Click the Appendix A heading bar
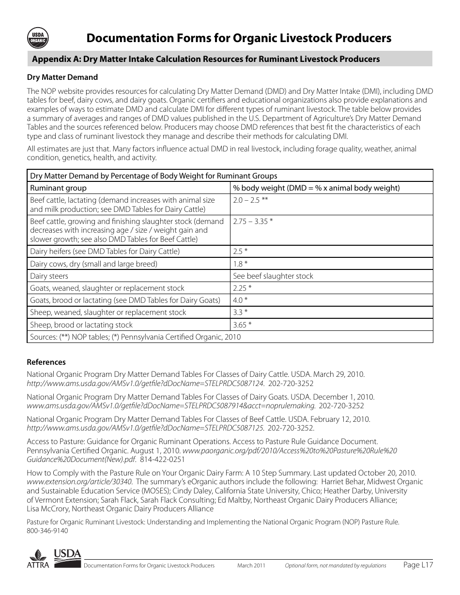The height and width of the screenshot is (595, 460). point(230,59)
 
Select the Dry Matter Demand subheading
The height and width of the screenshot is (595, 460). point(62,77)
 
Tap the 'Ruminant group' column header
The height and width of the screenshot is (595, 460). point(59,188)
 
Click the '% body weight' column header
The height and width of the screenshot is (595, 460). point(316,188)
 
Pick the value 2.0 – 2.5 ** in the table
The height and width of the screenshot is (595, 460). point(250,200)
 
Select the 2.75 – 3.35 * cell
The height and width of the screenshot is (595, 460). point(253,221)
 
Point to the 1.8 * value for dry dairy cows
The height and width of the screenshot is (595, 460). point(240,264)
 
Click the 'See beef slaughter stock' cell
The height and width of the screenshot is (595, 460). point(273,276)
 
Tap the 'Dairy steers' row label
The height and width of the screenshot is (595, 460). point(49,276)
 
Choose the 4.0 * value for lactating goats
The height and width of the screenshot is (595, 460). point(240,300)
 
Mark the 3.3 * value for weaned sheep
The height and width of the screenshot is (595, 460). point(240,312)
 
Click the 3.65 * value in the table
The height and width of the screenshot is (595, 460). point(242,325)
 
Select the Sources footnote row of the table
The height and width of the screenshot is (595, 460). point(135,337)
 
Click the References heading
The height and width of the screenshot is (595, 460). point(46,362)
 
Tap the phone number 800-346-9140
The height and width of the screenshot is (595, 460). point(47,531)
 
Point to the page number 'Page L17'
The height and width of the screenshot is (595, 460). point(418,565)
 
